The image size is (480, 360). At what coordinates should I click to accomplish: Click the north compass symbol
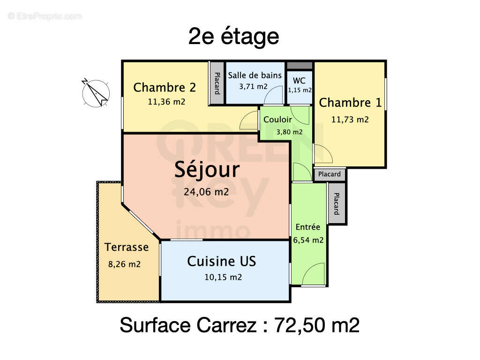tap(96, 92)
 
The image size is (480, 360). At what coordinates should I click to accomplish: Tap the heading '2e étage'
tap(233, 36)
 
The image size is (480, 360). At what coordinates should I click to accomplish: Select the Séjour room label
tap(207, 169)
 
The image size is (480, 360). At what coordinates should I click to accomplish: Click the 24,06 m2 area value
tap(207, 191)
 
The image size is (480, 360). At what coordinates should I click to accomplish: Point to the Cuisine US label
tap(222, 261)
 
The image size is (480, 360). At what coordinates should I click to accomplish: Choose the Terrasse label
tap(126, 247)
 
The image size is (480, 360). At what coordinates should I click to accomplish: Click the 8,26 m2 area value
tap(124, 264)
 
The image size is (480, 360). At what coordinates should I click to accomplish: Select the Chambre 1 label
tap(350, 103)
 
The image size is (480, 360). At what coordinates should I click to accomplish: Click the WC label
tap(299, 80)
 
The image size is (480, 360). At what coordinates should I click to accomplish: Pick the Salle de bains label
tap(255, 75)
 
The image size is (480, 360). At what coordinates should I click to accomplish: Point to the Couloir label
tap(277, 120)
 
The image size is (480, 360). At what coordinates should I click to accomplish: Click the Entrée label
tap(307, 227)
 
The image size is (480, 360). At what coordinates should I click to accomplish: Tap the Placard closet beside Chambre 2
tap(217, 83)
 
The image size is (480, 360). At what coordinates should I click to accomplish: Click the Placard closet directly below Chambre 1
tap(330, 174)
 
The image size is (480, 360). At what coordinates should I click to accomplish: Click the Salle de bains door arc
tap(274, 97)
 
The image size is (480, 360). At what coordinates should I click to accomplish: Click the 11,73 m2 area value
tap(350, 120)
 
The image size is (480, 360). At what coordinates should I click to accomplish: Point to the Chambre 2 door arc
tap(249, 121)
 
